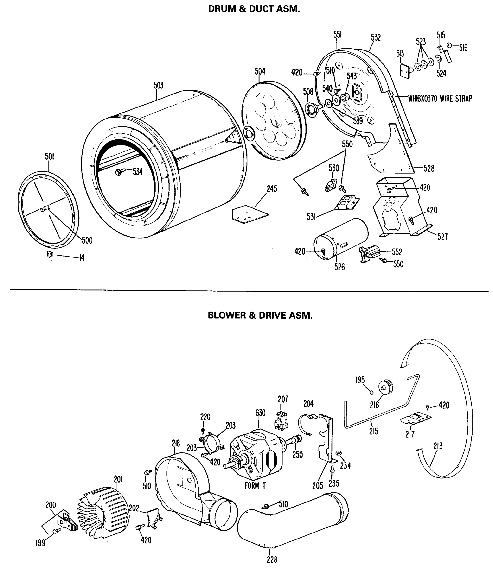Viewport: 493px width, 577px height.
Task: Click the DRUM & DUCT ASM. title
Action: point(254,9)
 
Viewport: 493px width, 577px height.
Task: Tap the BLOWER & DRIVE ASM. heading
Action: point(260,315)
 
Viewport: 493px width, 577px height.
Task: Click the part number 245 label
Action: point(272,189)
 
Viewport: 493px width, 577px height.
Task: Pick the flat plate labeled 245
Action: point(250,214)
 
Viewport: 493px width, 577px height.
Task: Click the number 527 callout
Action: point(442,237)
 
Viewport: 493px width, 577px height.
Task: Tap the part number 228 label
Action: point(272,560)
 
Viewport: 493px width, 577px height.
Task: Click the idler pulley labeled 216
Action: point(385,387)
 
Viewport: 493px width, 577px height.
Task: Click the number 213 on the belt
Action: point(438,446)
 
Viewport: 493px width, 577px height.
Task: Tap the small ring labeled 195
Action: point(371,392)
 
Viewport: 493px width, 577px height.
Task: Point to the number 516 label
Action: point(463,48)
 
